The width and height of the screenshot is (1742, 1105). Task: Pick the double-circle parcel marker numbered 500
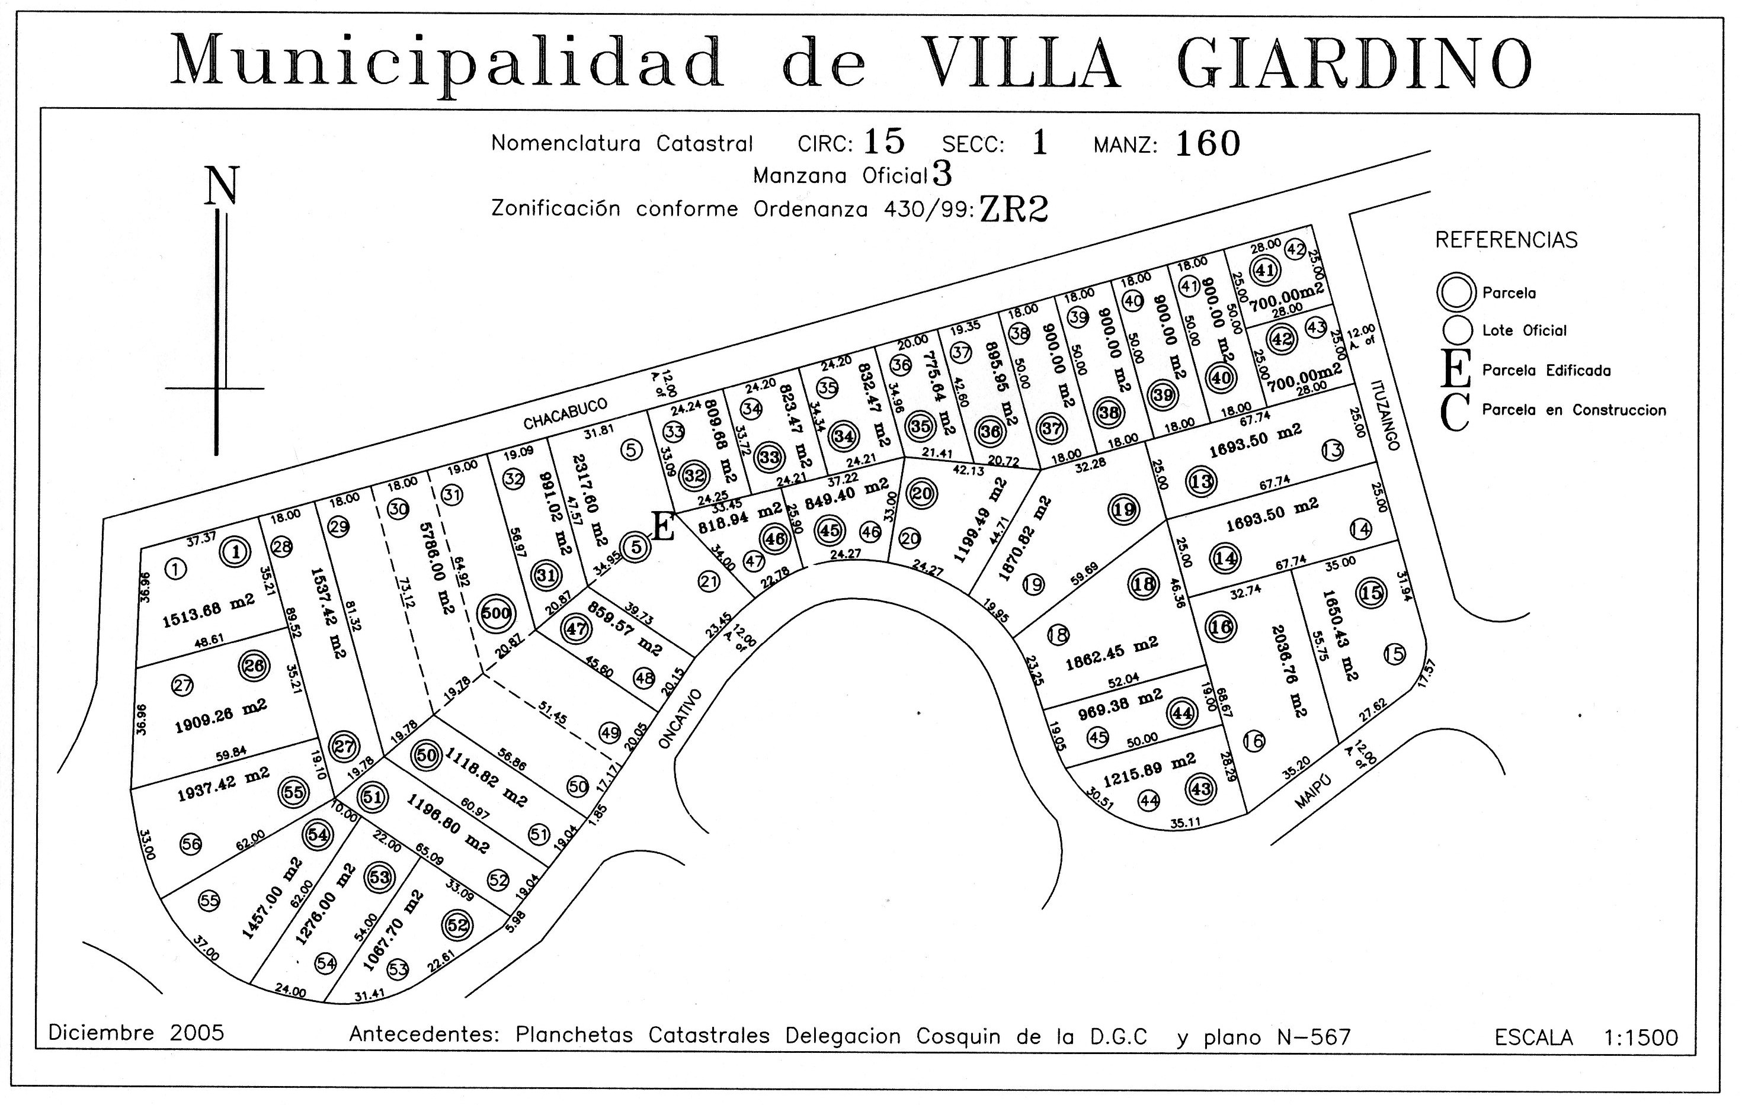[x=497, y=614]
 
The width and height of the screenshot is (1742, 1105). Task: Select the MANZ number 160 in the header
[x=1208, y=144]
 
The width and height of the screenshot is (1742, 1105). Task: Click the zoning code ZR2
[x=1013, y=210]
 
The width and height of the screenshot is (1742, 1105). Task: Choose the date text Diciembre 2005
[x=136, y=1032]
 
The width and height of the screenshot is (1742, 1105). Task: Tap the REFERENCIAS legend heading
[x=1506, y=240]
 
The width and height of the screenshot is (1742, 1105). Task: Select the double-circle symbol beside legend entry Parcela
[x=1456, y=292]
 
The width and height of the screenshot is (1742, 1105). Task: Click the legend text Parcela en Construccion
[x=1574, y=410]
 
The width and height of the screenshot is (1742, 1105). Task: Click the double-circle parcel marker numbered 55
[x=293, y=792]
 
